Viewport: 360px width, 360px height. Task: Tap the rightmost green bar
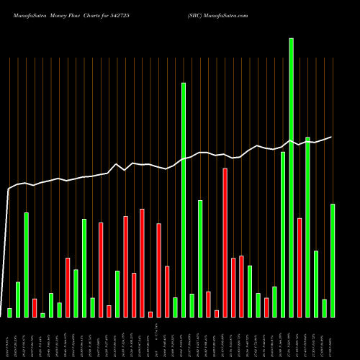pyautogui.click(x=332, y=260)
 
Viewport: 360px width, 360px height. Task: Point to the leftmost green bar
pyautogui.click(x=9, y=312)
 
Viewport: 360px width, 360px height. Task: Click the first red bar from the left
pyautogui.click(x=35, y=307)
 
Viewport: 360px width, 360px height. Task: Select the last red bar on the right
pyautogui.click(x=300, y=267)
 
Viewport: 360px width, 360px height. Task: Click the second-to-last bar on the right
pyautogui.click(x=324, y=307)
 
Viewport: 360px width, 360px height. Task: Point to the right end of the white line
pyautogui.click(x=332, y=137)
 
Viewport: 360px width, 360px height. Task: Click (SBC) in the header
pyautogui.click(x=196, y=15)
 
